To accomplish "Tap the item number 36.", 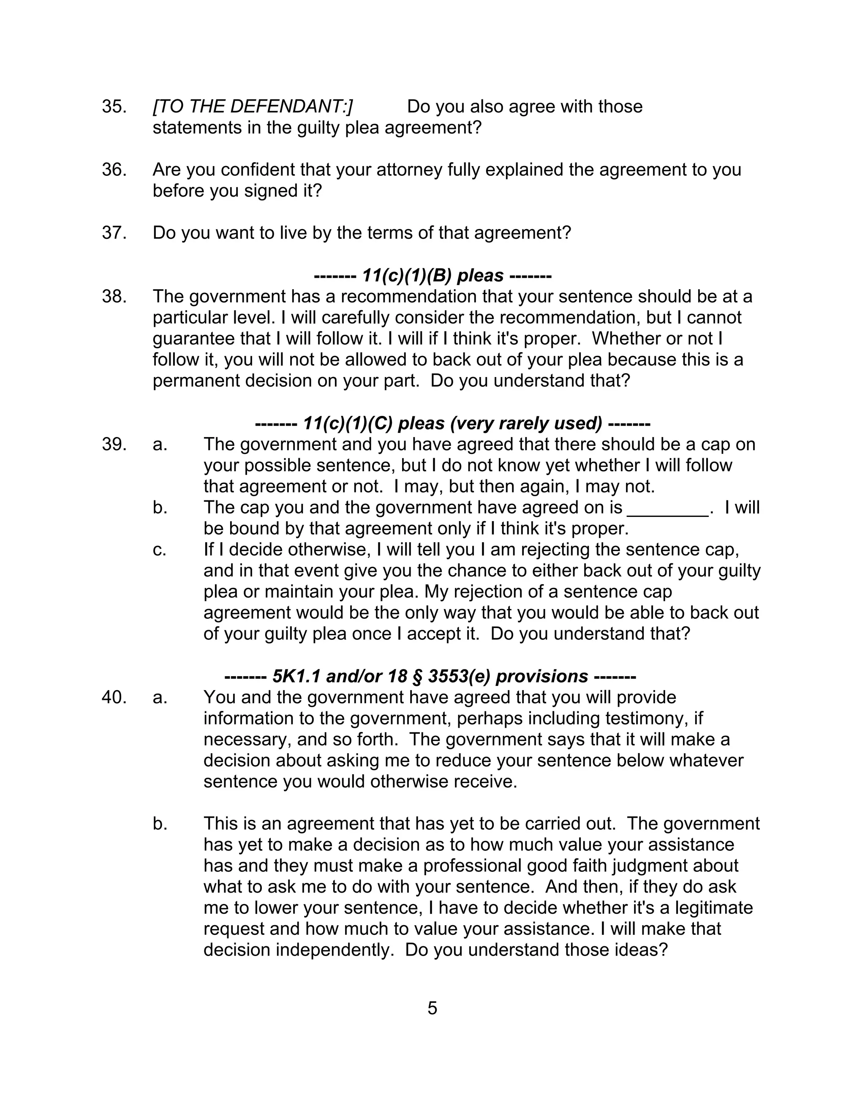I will click(114, 170).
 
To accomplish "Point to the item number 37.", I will click(114, 233).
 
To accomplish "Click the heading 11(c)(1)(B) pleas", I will click(432, 276).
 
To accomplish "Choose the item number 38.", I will click(114, 296).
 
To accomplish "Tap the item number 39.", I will click(114, 444).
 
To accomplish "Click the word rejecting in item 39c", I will click(547, 550).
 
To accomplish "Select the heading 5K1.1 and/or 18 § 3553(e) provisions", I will click(430, 676).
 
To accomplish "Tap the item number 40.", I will click(114, 697).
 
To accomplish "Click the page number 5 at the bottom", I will click(432, 1008).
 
